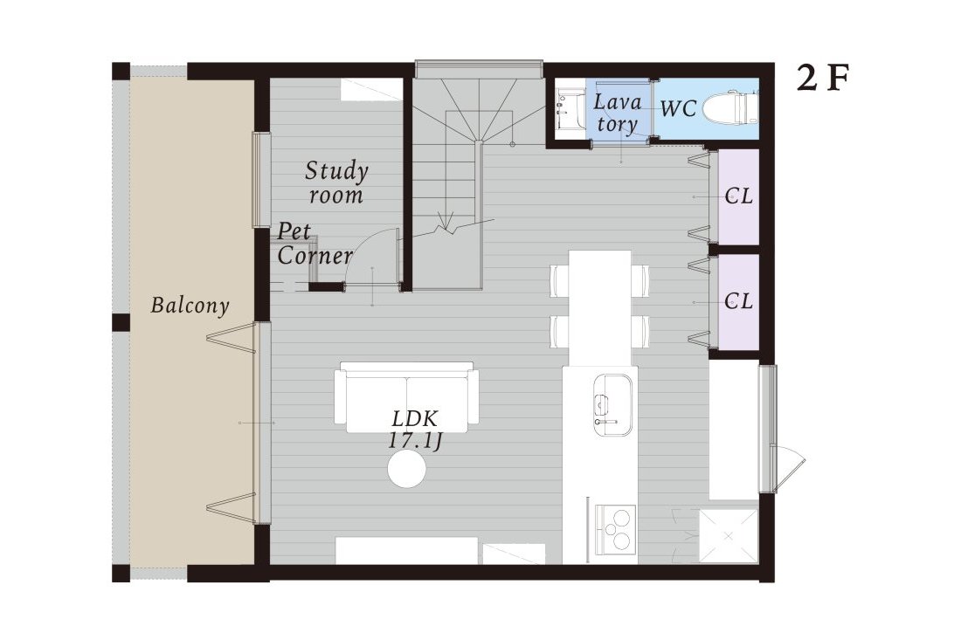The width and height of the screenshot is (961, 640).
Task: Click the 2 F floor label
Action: (822, 79)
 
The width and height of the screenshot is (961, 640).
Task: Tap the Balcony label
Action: (190, 306)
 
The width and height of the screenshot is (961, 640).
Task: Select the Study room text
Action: (336, 182)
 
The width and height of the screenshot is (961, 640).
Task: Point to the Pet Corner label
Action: (315, 244)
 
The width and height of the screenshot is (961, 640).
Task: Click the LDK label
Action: (415, 419)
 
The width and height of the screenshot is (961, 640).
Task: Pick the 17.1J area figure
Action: (415, 442)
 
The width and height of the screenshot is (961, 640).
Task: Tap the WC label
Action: (679, 109)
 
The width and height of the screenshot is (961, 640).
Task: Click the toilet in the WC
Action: (729, 109)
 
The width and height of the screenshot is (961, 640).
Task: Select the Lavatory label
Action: (617, 113)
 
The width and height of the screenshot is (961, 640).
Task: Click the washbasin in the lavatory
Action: (569, 109)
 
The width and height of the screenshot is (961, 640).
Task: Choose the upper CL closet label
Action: (738, 196)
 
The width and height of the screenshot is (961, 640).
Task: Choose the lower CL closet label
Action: (738, 301)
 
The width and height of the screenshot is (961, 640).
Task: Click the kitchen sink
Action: (612, 405)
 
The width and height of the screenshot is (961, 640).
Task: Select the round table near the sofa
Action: (407, 469)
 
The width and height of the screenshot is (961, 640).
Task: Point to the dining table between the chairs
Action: (600, 307)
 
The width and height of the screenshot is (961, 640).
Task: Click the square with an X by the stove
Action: (728, 535)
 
